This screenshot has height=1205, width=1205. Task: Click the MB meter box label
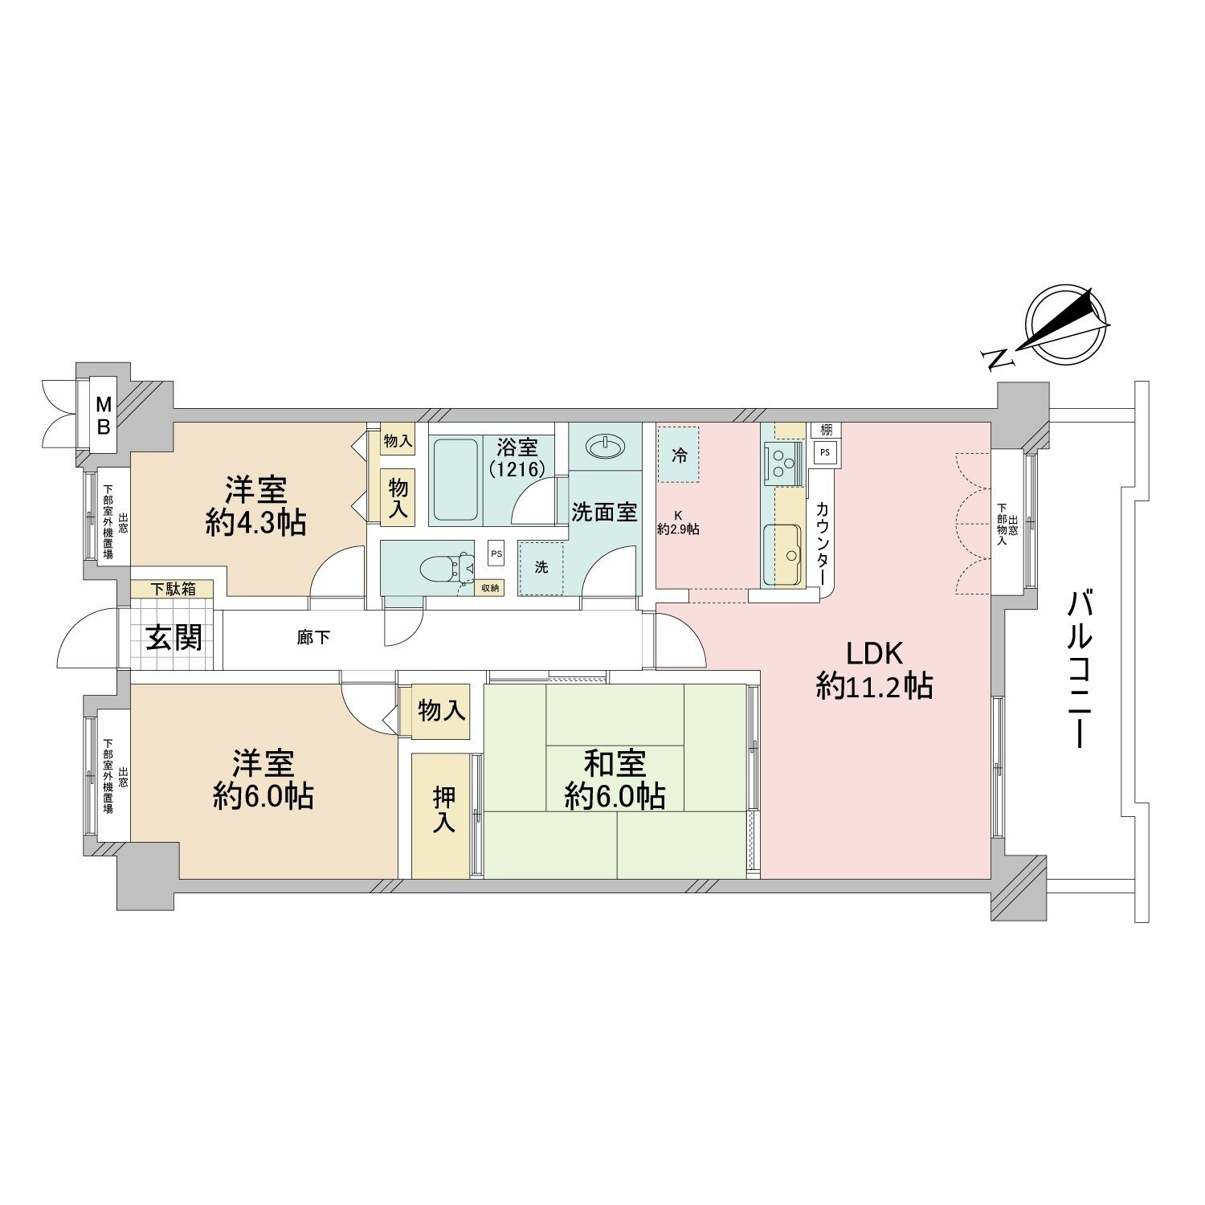click(x=103, y=415)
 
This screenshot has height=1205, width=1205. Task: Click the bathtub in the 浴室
click(x=455, y=480)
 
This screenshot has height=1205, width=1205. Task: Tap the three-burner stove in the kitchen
click(x=782, y=461)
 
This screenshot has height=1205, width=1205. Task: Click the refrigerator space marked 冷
click(x=679, y=455)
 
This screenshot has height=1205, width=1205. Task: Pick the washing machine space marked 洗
click(x=541, y=567)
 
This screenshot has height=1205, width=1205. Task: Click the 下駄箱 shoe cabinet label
click(x=173, y=589)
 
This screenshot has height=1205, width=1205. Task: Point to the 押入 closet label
click(x=443, y=810)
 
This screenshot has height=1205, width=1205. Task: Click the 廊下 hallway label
click(x=313, y=638)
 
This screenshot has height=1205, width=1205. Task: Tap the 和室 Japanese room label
click(x=615, y=762)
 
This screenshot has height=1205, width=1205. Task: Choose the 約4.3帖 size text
click(x=255, y=523)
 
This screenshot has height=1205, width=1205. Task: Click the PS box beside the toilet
click(x=496, y=553)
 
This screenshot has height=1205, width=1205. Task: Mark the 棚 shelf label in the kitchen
click(x=826, y=431)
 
